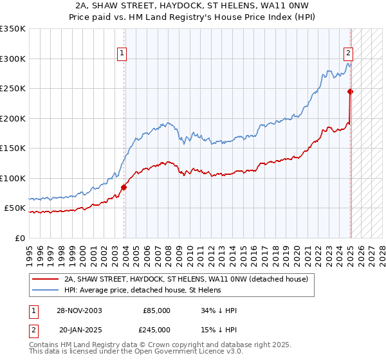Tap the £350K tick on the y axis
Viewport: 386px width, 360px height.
click(13, 29)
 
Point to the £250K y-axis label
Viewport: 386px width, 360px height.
click(13, 89)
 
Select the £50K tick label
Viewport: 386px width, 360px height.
click(15, 208)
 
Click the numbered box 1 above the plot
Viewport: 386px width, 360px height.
click(122, 53)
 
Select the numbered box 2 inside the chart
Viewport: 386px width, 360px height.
click(348, 53)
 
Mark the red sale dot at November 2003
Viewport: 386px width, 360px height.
click(124, 187)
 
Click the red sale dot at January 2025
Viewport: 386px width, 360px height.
click(351, 92)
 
